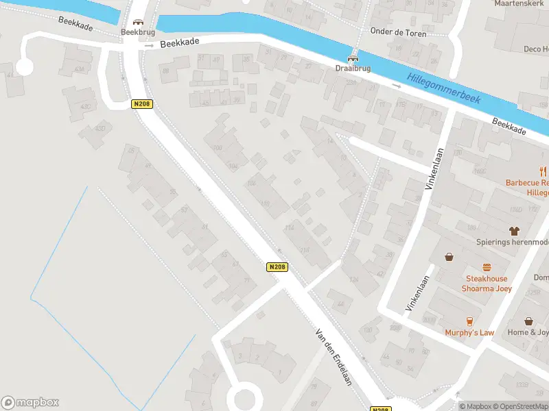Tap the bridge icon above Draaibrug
[x=353, y=59]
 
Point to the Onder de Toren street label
[x=398, y=33]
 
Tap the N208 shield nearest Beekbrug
[x=141, y=104]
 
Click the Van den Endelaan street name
[x=334, y=356]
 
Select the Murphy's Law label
[x=470, y=333]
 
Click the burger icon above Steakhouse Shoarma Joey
[x=487, y=267]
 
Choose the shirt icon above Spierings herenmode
[x=513, y=231]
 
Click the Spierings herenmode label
[x=512, y=242]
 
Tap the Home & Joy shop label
[x=528, y=333]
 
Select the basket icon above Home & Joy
[x=528, y=321]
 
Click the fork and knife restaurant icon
[x=542, y=171]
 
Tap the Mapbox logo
[x=30, y=403]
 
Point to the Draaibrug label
[x=353, y=69]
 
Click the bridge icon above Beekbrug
[x=138, y=22]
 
